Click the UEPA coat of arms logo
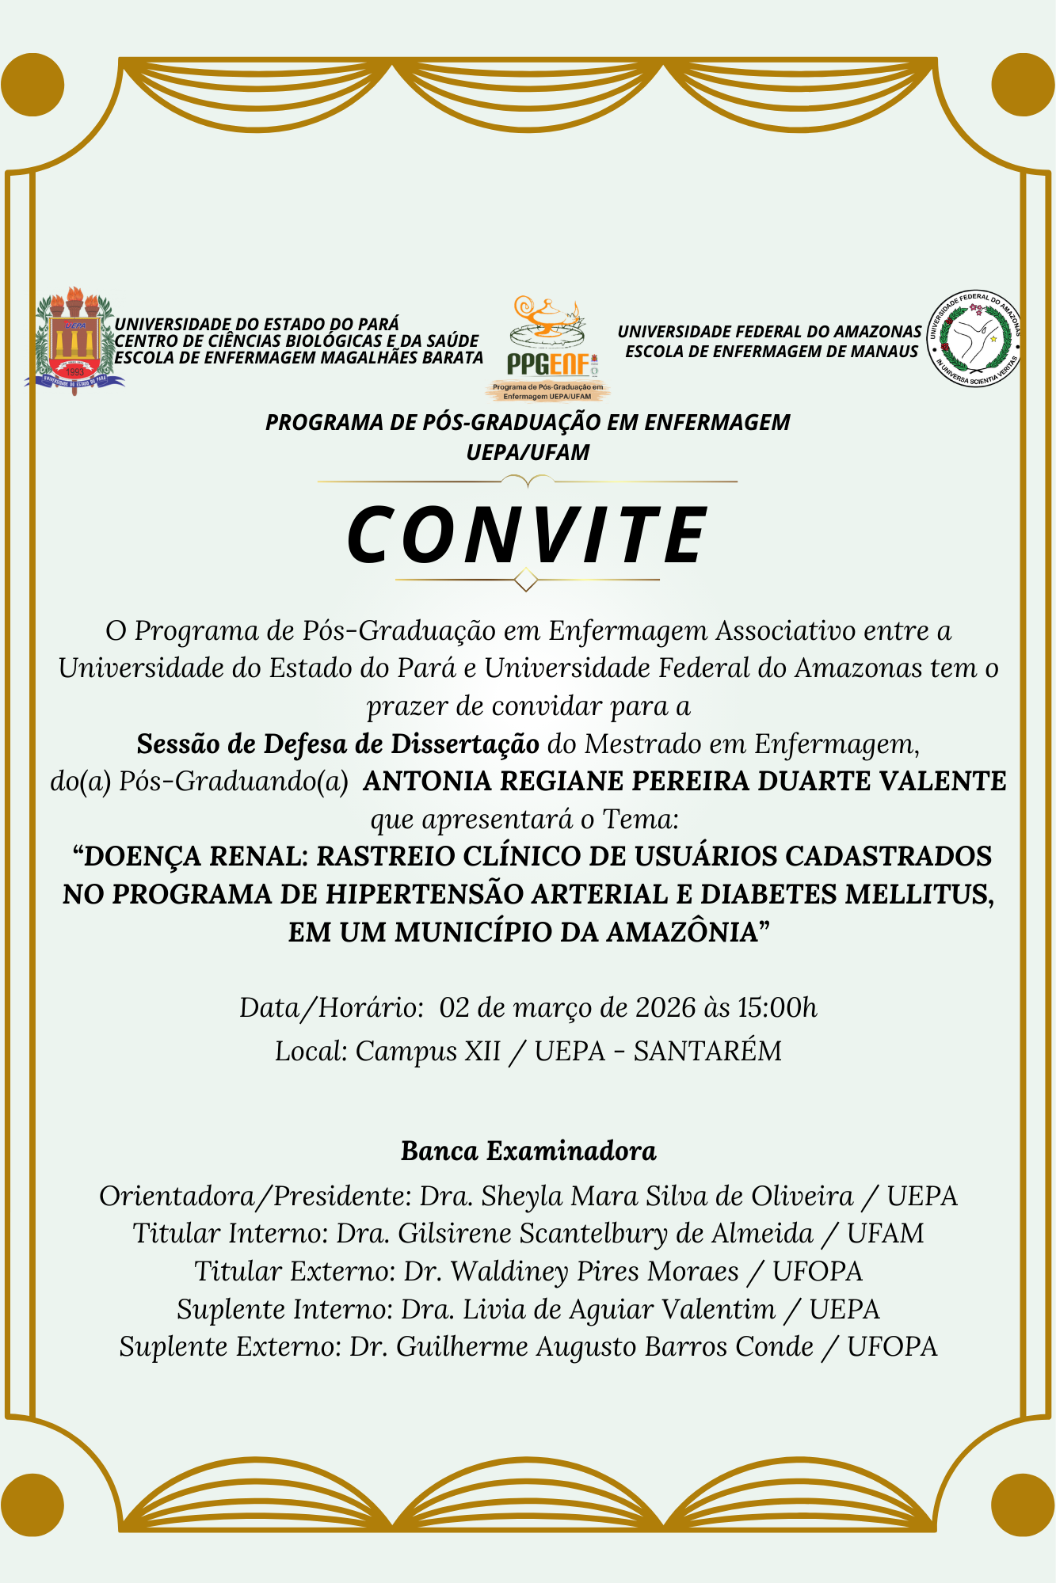pyautogui.click(x=74, y=341)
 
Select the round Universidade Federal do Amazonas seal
pyautogui.click(x=974, y=339)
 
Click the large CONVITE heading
pyautogui.click(x=528, y=535)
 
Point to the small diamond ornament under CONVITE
pyautogui.click(x=526, y=580)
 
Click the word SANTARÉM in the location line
pyautogui.click(x=707, y=1051)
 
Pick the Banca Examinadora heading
pyautogui.click(x=528, y=1151)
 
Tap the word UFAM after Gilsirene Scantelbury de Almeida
pyautogui.click(x=885, y=1234)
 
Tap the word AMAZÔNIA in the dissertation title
pyautogui.click(x=689, y=932)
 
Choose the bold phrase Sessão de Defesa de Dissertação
pyautogui.click(x=338, y=744)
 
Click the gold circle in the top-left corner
pyautogui.click(x=32, y=85)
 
